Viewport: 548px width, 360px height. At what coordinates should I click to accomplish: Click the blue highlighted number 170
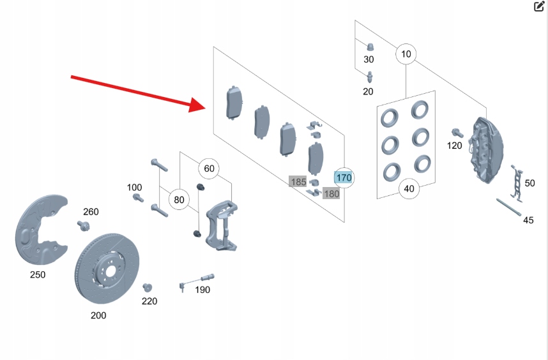point(344,177)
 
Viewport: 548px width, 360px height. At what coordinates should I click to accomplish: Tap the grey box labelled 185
point(298,182)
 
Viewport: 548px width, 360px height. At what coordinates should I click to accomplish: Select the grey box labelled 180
point(331,193)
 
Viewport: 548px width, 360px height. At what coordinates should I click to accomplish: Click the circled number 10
point(406,54)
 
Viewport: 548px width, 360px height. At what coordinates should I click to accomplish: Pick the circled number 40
point(409,188)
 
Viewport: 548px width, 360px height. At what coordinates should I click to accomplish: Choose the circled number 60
point(209,169)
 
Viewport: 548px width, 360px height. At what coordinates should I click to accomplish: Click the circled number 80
point(179,200)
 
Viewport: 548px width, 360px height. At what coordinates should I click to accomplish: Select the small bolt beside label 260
point(83,225)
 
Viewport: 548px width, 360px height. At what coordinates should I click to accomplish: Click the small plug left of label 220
point(146,287)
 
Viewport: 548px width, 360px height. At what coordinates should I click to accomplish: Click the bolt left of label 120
point(456,132)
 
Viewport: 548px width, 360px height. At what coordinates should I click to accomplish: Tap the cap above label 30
point(369,47)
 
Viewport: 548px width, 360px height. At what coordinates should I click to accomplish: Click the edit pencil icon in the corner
point(539,7)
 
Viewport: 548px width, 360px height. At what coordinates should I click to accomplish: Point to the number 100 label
point(134,187)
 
